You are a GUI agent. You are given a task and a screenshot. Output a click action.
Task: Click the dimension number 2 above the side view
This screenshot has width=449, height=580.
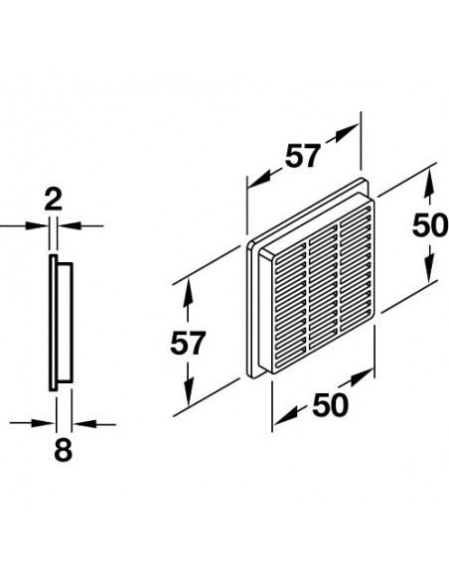pos(54,200)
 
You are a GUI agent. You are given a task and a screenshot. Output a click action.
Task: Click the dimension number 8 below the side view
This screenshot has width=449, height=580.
pos(63,450)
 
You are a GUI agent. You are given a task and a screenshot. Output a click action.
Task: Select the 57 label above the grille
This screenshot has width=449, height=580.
pos(302,157)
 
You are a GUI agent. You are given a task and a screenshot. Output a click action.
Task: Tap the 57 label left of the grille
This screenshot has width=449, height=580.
pos(188,344)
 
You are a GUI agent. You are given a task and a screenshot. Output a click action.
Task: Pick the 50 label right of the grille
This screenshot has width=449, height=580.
pos(430,225)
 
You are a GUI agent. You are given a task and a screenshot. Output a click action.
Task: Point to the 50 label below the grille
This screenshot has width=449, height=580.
pos(330,404)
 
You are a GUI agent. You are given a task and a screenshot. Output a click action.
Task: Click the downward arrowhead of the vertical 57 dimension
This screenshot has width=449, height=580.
pos(189,393)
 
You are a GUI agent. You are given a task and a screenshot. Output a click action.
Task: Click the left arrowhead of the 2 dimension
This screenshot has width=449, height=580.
pos(37,225)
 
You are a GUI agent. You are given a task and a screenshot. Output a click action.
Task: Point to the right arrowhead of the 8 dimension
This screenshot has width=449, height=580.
pos(84,424)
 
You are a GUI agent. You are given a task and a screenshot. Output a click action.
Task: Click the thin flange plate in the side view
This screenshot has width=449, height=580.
pos(53,323)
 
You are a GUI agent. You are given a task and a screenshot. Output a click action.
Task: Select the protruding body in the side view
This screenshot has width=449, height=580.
pos(65,323)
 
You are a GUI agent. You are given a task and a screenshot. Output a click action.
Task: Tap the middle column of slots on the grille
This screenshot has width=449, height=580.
pos(323,287)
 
